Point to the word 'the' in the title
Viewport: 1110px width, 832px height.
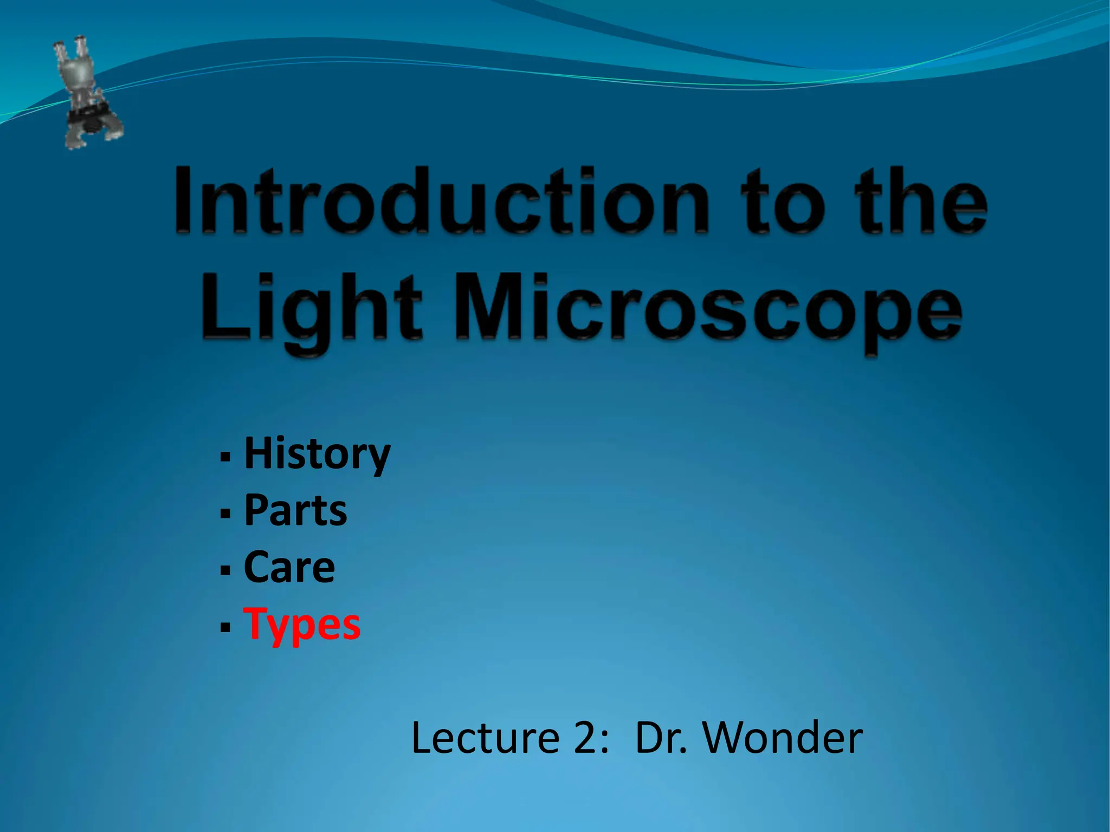[x=921, y=201]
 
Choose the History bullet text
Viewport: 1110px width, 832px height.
[x=317, y=454]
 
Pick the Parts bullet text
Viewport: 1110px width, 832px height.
[x=295, y=510]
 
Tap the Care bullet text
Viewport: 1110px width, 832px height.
[x=289, y=567]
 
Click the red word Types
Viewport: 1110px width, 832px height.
[x=302, y=625]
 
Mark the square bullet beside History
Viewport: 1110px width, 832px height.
[x=225, y=457]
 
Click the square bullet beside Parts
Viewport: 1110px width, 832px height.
[x=225, y=513]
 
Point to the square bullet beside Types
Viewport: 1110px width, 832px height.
[x=225, y=627]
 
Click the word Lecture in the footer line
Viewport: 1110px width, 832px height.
[x=485, y=738]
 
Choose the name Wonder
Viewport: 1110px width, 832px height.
[x=783, y=738]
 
